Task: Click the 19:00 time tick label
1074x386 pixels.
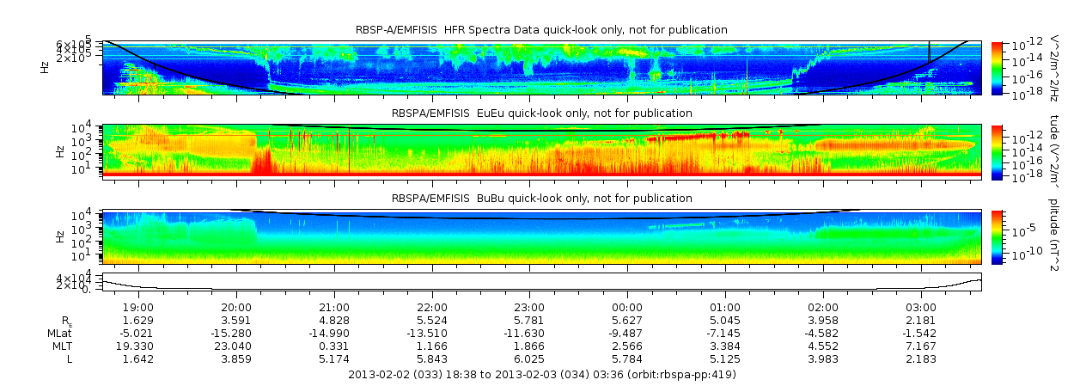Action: (x=138, y=307)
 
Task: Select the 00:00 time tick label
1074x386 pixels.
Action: (x=627, y=307)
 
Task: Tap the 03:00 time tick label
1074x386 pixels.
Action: (x=921, y=307)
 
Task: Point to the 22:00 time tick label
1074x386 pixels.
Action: (x=431, y=307)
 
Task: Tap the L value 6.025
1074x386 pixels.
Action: (x=529, y=358)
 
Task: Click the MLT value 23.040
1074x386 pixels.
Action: (x=236, y=346)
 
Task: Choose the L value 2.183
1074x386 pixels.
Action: (x=921, y=358)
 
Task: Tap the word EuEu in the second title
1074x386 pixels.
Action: (x=485, y=113)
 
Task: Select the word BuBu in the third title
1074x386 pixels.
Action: (x=485, y=199)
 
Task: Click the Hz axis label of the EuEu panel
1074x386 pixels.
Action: (x=59, y=151)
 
